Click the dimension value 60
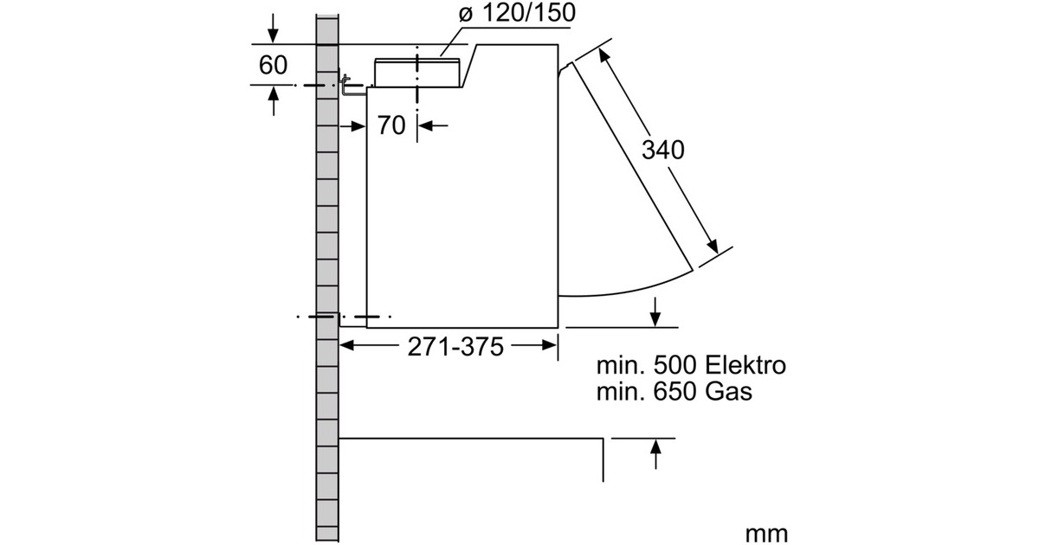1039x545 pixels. pyautogui.click(x=274, y=65)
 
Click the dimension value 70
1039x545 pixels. pyautogui.click(x=391, y=125)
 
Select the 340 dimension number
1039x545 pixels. pyautogui.click(x=663, y=150)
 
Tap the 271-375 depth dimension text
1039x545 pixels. pyautogui.click(x=455, y=347)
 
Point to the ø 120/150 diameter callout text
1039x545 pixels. pyautogui.click(x=517, y=12)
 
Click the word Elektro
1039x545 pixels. pyautogui.click(x=745, y=366)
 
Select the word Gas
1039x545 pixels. pyautogui.click(x=729, y=392)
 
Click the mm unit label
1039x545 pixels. pyautogui.click(x=767, y=534)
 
